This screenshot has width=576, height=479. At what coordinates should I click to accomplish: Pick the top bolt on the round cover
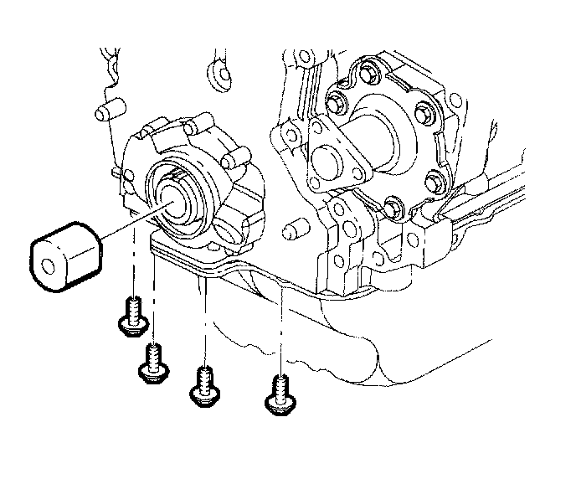tap(365, 68)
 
